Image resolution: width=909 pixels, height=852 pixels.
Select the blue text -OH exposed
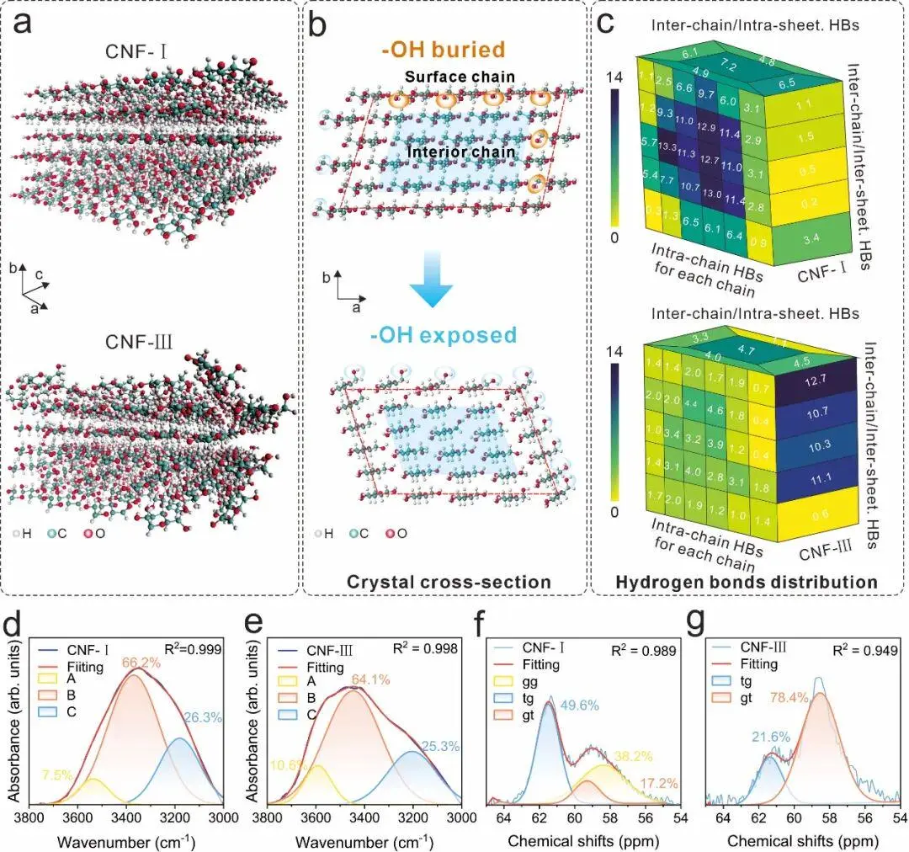[454, 336]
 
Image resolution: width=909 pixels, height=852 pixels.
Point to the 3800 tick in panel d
[30, 817]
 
